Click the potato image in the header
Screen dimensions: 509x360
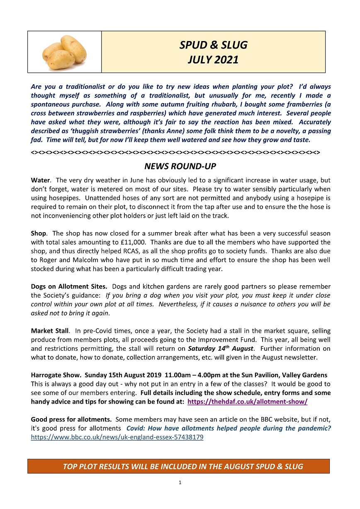pos(64,52)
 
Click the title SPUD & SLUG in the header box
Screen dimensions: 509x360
pos(213,45)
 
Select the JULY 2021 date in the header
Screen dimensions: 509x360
pos(213,60)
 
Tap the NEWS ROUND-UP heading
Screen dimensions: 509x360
pos(180,167)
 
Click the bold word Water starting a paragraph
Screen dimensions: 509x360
pos(41,180)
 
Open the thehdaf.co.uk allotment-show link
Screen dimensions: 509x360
pos(247,402)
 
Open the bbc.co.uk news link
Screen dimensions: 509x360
pos(117,437)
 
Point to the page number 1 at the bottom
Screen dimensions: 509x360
pos(180,482)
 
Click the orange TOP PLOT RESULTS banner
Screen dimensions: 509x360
pos(178,466)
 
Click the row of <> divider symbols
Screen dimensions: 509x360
pos(175,152)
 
